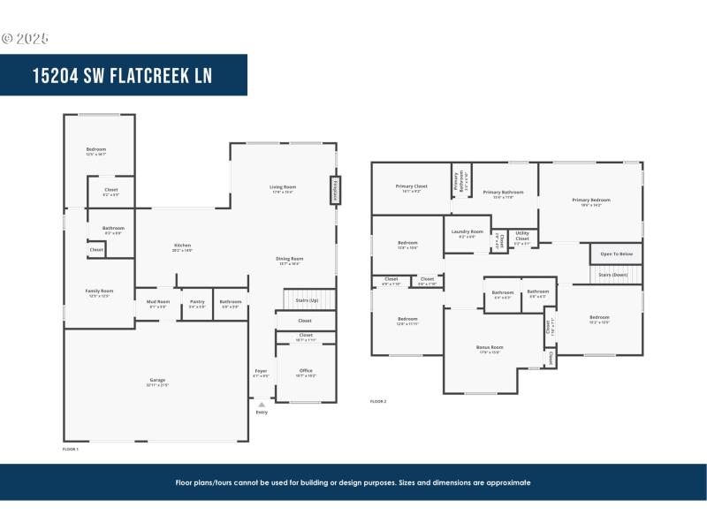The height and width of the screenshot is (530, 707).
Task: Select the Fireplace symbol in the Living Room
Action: [335, 190]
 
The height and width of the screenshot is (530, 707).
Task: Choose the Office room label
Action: [306, 371]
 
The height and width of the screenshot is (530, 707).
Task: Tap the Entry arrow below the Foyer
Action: [262, 405]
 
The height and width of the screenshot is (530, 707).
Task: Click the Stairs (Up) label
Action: [308, 300]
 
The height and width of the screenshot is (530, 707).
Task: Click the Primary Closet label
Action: [411, 186]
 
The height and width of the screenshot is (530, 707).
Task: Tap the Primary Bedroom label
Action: [591, 200]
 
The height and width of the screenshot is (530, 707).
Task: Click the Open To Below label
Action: [616, 254]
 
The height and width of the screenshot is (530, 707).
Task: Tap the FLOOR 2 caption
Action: [378, 401]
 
